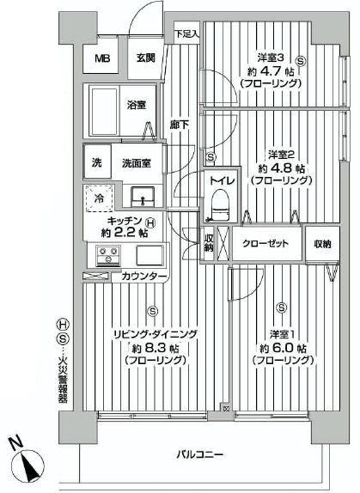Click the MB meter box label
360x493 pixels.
[102, 59]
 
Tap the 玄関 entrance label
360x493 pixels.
[145, 58]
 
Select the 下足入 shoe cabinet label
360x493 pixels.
[187, 34]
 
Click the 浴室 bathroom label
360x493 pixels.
[137, 105]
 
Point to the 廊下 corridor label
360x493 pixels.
[180, 124]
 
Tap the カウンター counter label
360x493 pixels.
[138, 276]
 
